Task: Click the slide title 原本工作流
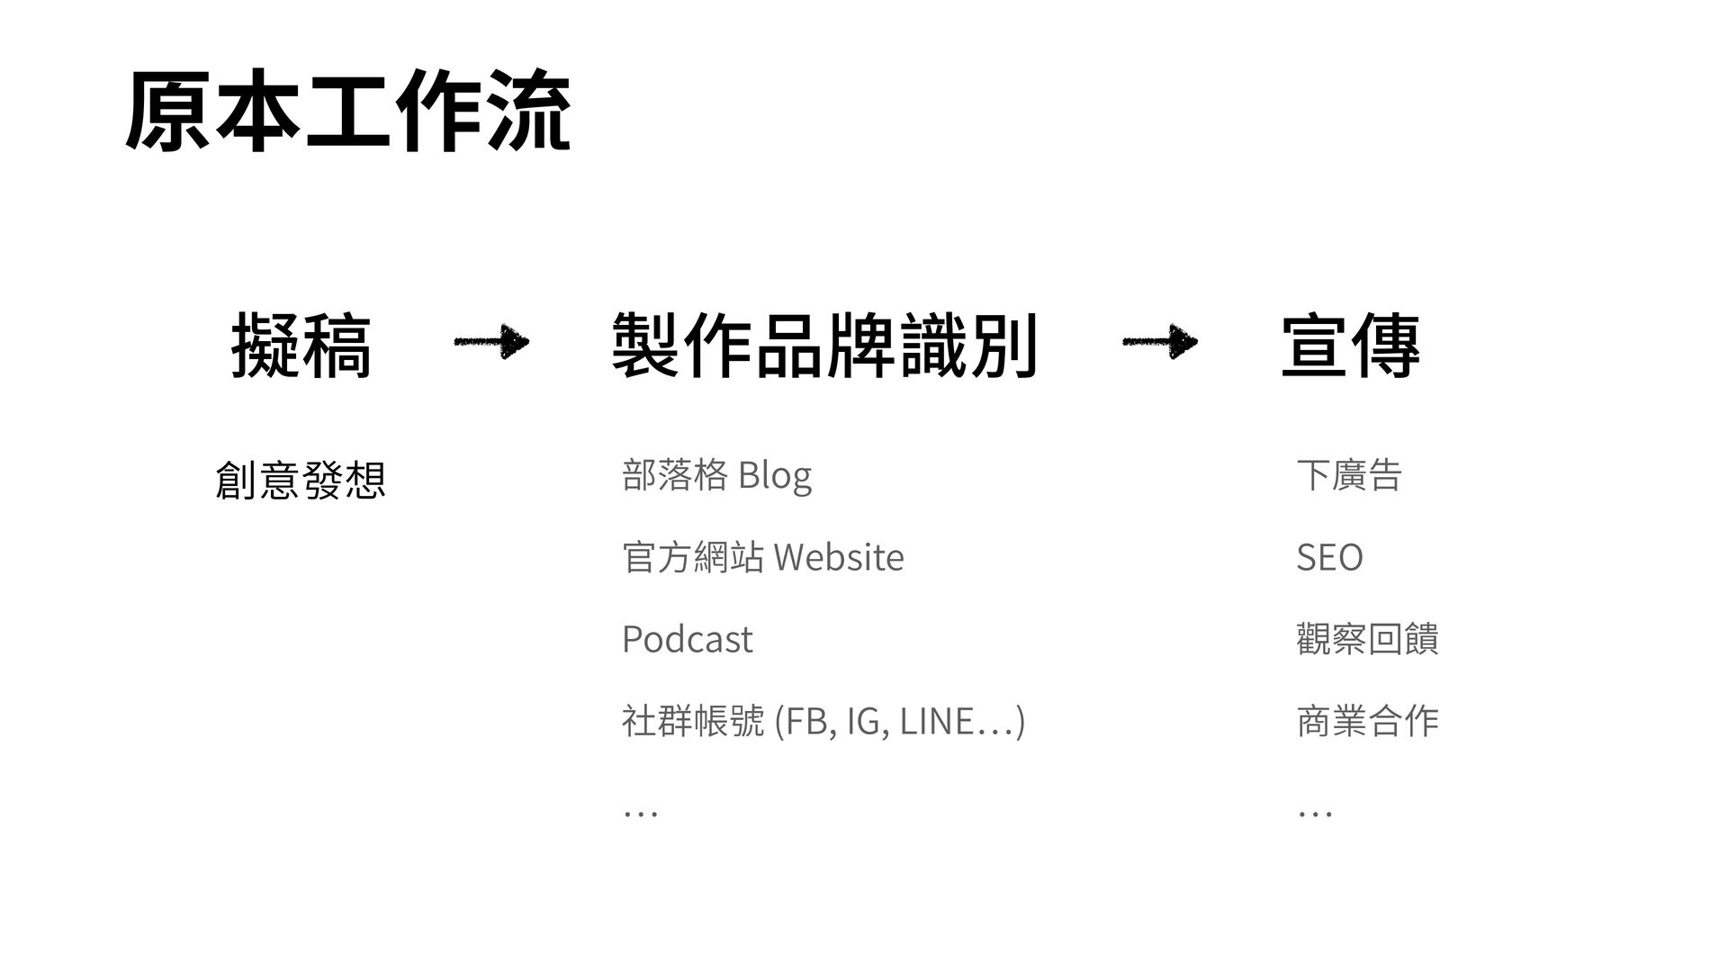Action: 347,112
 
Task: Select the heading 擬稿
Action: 301,346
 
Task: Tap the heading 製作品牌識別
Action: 823,346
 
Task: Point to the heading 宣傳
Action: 1350,346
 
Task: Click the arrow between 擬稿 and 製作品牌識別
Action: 491,342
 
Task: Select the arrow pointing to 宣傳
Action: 1160,342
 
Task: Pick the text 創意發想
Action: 301,480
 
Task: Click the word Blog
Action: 775,475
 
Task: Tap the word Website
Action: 838,557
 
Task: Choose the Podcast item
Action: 687,639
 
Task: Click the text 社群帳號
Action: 693,721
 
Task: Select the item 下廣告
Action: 1349,475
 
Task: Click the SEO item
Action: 1329,557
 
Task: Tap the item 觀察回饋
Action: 1367,639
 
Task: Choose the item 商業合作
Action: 1367,721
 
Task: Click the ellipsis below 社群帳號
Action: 640,813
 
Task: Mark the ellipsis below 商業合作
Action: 1315,813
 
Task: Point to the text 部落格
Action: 675,475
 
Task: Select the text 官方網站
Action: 693,557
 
